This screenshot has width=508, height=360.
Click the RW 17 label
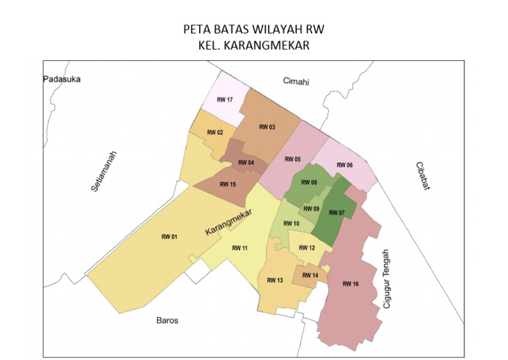tap(225, 100)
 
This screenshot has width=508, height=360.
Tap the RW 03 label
tap(267, 127)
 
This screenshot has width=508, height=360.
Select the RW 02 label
tap(215, 132)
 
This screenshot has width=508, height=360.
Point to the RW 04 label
tap(246, 163)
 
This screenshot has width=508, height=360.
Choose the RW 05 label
tap(292, 159)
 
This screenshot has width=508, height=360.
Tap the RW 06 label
tap(345, 165)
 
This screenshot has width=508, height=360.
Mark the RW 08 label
tap(309, 183)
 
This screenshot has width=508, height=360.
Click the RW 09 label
tap(311, 209)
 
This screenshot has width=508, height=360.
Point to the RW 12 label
tap(307, 248)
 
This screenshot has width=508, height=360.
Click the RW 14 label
tap(310, 275)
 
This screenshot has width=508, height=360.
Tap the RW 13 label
tap(275, 281)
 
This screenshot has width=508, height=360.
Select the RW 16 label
tap(351, 284)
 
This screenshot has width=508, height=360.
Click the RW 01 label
tap(169, 237)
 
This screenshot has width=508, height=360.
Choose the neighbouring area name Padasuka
tap(62, 79)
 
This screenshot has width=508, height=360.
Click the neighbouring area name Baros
tap(167, 320)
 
